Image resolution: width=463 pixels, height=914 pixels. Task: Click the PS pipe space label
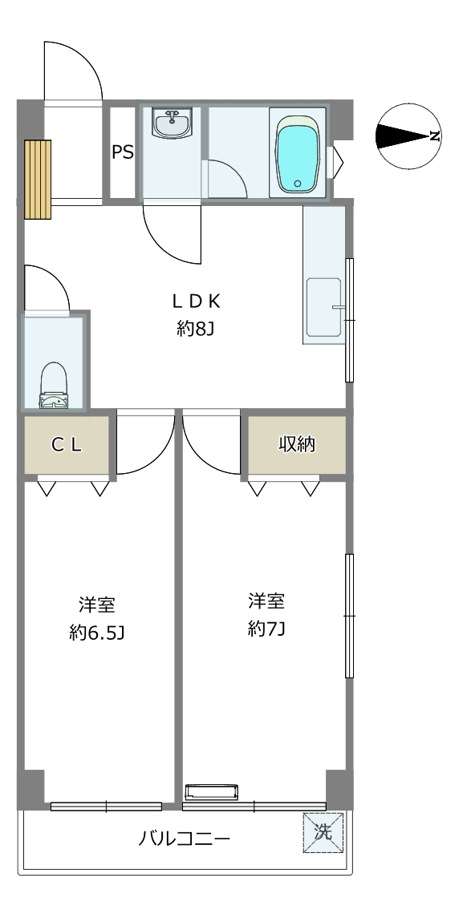tap(123, 152)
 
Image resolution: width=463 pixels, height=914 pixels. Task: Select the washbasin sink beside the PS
tap(172, 123)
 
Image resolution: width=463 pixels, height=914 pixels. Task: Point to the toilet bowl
tap(54, 385)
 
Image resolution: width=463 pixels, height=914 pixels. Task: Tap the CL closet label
tap(67, 445)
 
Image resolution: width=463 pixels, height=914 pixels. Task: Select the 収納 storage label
tap(297, 444)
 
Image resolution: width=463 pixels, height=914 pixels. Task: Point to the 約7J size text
tap(266, 629)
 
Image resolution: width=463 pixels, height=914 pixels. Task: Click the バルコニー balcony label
tap(185, 839)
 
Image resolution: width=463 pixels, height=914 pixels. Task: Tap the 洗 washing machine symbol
tap(323, 832)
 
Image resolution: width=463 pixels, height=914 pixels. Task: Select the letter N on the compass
tap(434, 136)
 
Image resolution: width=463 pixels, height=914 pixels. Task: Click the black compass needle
tap(403, 136)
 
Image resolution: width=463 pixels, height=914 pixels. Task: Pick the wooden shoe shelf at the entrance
tap(38, 179)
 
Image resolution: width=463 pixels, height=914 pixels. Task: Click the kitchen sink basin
tap(323, 306)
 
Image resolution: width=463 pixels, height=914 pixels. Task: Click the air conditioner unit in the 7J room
tap(212, 793)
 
